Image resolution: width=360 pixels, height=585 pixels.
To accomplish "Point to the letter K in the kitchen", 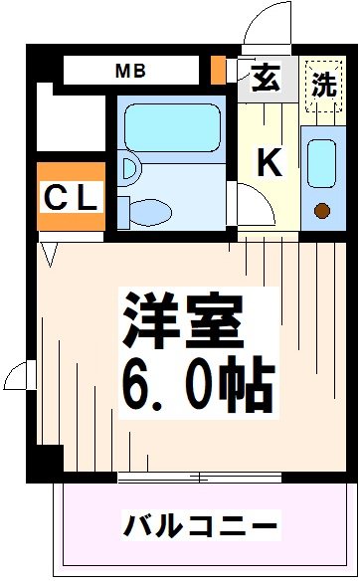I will pos(269,161).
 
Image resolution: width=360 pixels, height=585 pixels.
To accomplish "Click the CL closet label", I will pos(70,197).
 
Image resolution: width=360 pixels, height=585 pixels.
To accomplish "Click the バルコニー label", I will pos(201,523).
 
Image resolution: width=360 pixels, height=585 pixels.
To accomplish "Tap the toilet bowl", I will pos(149,211).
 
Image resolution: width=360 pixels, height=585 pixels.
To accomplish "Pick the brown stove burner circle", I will pos(321,209).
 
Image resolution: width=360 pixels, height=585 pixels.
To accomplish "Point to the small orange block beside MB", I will pos(218,71).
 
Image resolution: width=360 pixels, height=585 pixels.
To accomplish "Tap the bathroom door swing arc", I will pos(251,204).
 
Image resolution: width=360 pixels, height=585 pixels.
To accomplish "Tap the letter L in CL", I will pos(87,197).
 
